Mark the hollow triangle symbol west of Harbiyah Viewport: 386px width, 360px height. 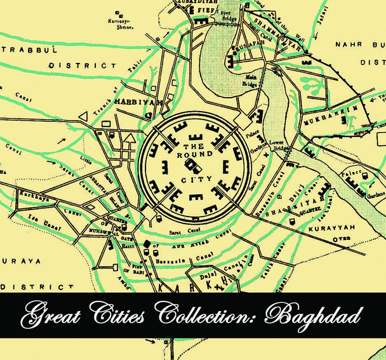(83, 115)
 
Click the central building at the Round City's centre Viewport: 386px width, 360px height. (192, 166)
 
